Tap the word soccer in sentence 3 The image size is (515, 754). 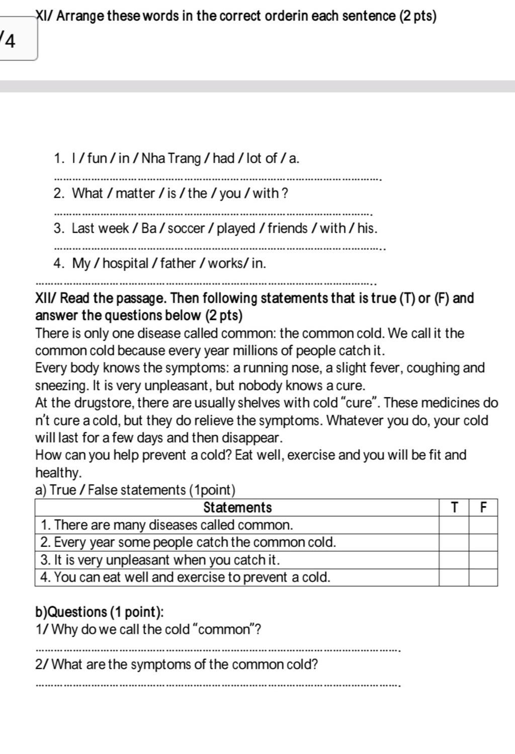coord(186,229)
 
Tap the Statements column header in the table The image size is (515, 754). coord(237,508)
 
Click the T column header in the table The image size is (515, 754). coord(454,508)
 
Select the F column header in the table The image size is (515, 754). coord(483,508)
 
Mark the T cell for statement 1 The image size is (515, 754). coord(454,525)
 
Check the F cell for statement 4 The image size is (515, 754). coord(483,578)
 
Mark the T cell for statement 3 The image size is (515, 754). coord(454,560)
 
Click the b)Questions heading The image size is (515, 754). coord(100,612)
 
